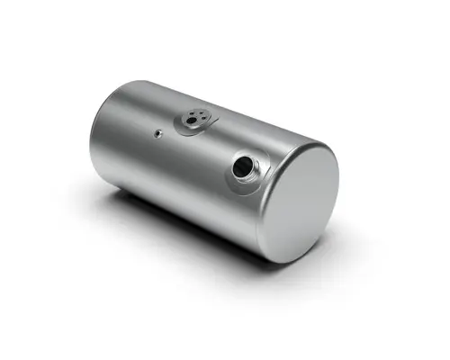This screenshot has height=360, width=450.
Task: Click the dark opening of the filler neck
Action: tap(242, 166)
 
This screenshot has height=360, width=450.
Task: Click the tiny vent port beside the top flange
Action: tap(157, 134)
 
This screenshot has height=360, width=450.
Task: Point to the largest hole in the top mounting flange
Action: tap(192, 120)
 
